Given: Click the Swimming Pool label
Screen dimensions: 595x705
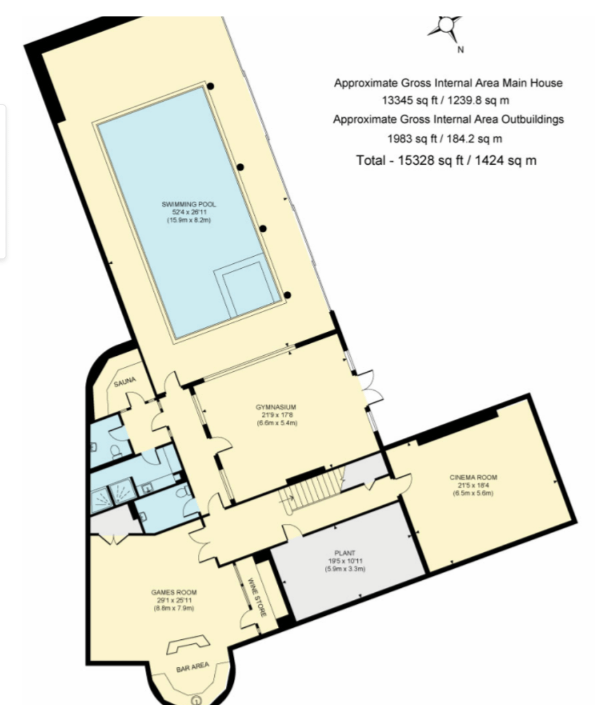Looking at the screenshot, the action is click(x=188, y=204).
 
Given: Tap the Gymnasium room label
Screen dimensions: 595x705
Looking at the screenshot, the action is click(x=276, y=407).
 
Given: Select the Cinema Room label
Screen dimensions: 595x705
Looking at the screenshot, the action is click(x=473, y=477).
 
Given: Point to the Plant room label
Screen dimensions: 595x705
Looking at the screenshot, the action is click(x=345, y=553).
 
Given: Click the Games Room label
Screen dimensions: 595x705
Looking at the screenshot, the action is click(x=174, y=592).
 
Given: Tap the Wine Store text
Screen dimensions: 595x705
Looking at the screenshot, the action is click(x=258, y=597).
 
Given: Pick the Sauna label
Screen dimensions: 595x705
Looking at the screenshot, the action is click(x=125, y=382).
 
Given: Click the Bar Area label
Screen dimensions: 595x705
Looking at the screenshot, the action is click(x=193, y=667).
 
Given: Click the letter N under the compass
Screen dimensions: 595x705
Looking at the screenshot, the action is click(x=460, y=50).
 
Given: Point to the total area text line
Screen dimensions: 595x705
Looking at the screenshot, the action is click(x=446, y=160).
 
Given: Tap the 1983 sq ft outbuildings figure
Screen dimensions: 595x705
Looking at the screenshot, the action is click(x=410, y=138).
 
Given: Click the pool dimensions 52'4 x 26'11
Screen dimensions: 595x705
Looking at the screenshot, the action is click(x=189, y=212).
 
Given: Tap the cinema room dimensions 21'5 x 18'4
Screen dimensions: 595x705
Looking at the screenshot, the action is click(x=473, y=486).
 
